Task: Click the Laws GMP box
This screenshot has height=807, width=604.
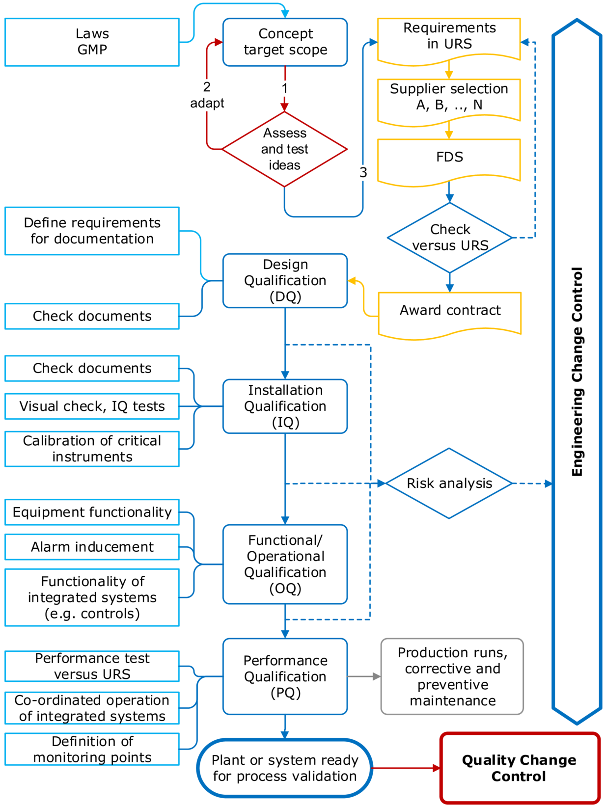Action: click(92, 42)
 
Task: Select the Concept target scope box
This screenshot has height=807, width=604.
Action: click(285, 42)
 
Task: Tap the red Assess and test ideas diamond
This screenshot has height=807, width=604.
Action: click(284, 149)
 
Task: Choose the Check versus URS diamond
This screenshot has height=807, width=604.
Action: click(449, 238)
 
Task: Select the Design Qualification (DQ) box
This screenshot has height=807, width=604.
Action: click(285, 281)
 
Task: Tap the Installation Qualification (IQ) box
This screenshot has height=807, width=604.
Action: click(285, 406)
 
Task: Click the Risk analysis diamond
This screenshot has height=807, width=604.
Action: click(449, 484)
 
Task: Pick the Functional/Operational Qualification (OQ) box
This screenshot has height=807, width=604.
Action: click(285, 565)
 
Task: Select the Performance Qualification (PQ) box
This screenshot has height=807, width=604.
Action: click(285, 676)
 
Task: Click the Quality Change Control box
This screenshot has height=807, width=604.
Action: click(520, 768)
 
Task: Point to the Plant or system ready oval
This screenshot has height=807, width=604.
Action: click(285, 768)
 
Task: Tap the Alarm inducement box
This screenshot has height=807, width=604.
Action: click(92, 547)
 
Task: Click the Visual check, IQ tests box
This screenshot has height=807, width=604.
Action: click(92, 406)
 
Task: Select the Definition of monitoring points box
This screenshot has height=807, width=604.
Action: click(92, 749)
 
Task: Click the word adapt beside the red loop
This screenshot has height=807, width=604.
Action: click(207, 104)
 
